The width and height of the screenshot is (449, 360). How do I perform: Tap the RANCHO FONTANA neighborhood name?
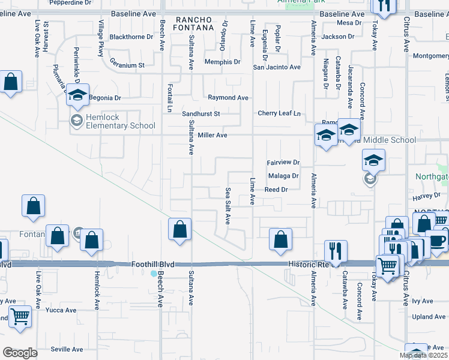click(x=194, y=23)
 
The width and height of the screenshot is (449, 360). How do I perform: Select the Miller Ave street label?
click(x=212, y=136)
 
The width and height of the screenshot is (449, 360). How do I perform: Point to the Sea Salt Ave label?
click(x=228, y=205)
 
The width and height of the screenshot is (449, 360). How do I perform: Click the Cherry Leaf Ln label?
click(x=278, y=113)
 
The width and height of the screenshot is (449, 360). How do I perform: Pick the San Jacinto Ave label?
click(x=276, y=67)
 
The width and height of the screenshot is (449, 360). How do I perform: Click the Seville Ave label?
click(x=67, y=349)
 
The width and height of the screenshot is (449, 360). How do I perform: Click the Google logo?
click(x=20, y=353)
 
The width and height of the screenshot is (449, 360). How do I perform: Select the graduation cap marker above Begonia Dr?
click(x=77, y=95)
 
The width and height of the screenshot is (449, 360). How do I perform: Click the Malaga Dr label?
click(x=283, y=176)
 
